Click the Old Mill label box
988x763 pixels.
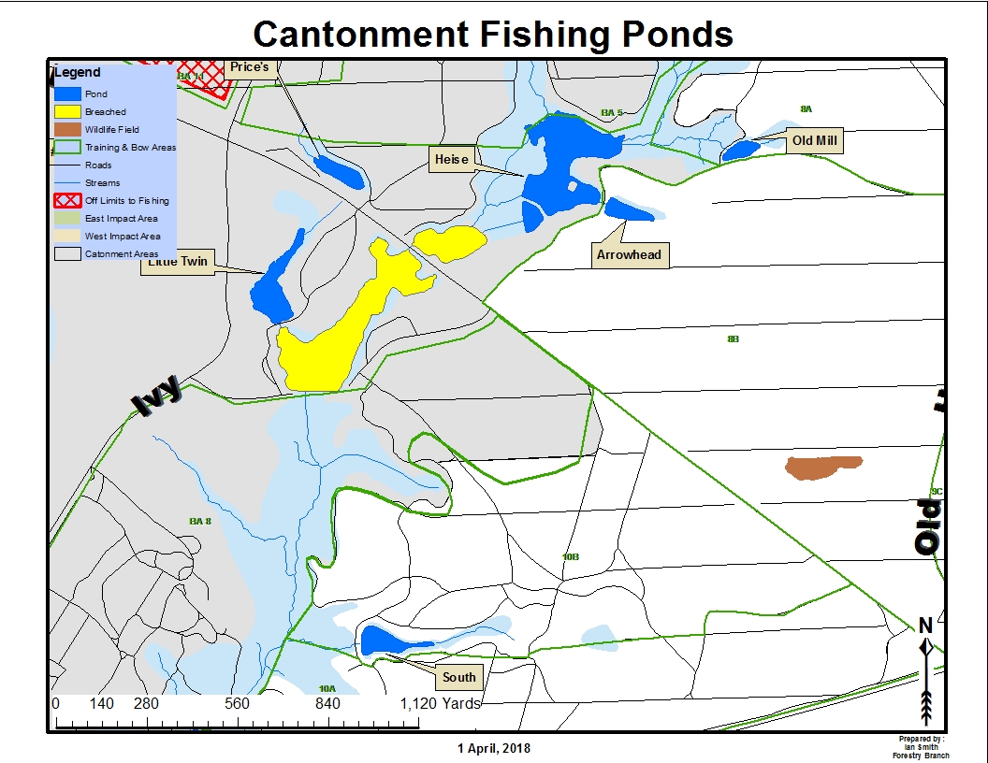(814, 142)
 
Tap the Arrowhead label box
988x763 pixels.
(629, 254)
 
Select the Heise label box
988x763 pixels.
(451, 160)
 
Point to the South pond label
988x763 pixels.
(458, 677)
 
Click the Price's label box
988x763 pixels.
(248, 67)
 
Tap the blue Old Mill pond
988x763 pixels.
(741, 150)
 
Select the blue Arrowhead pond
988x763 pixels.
(629, 209)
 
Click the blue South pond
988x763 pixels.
(388, 641)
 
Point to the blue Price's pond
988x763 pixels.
(339, 171)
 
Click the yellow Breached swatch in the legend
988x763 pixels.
(67, 112)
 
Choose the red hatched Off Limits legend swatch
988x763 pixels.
(67, 200)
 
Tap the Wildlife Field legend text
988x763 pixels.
(111, 130)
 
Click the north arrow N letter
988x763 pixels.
(924, 626)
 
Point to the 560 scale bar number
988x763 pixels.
(237, 703)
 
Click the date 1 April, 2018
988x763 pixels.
(493, 748)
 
